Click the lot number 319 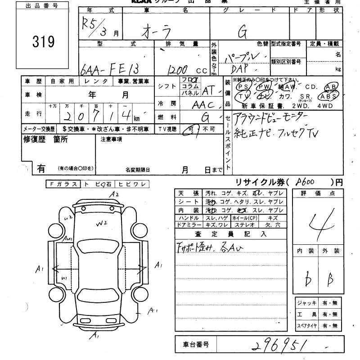44,42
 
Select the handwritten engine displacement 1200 178,70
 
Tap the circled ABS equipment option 328,96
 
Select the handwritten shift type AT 208,90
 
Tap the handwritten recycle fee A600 306,182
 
